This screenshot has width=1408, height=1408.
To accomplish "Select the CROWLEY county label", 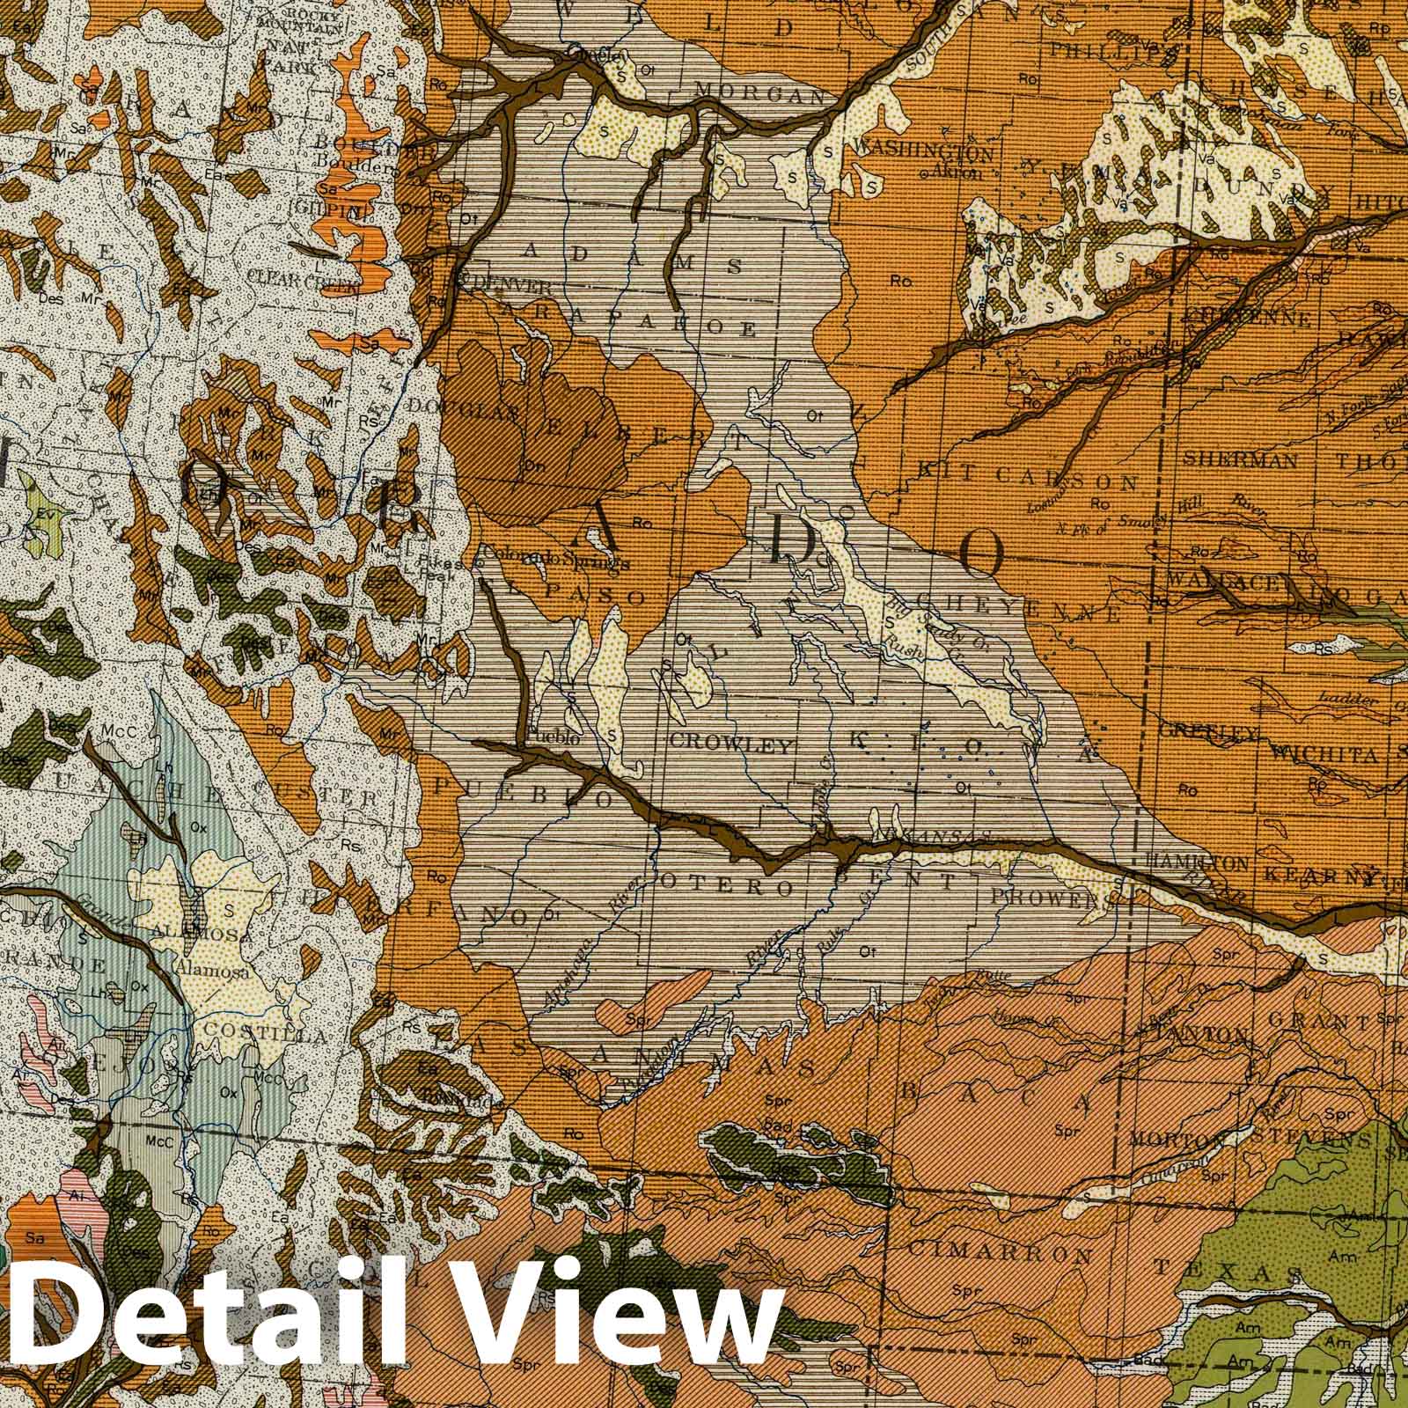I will coord(730,744).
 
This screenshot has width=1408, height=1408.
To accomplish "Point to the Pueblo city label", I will coord(554,738).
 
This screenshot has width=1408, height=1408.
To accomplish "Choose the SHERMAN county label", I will coord(1240,458).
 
